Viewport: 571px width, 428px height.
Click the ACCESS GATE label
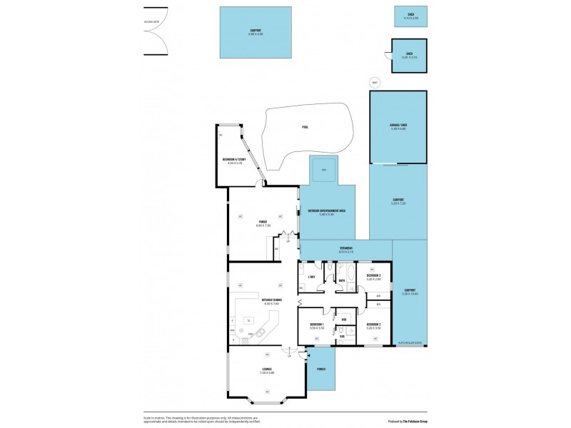point(152,21)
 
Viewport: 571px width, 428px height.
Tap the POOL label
point(305,127)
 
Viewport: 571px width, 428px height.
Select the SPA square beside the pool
point(323,170)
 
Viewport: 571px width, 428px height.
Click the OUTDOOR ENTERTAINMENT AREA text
point(327,211)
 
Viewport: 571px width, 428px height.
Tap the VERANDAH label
point(346,248)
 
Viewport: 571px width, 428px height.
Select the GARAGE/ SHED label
point(398,125)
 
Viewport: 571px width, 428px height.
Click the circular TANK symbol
point(375,83)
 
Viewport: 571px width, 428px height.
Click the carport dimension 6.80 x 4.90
point(256,34)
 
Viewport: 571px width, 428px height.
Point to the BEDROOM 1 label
point(317,325)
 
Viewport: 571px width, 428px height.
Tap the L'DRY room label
point(312,276)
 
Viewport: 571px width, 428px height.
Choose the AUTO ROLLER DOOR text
point(409,343)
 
